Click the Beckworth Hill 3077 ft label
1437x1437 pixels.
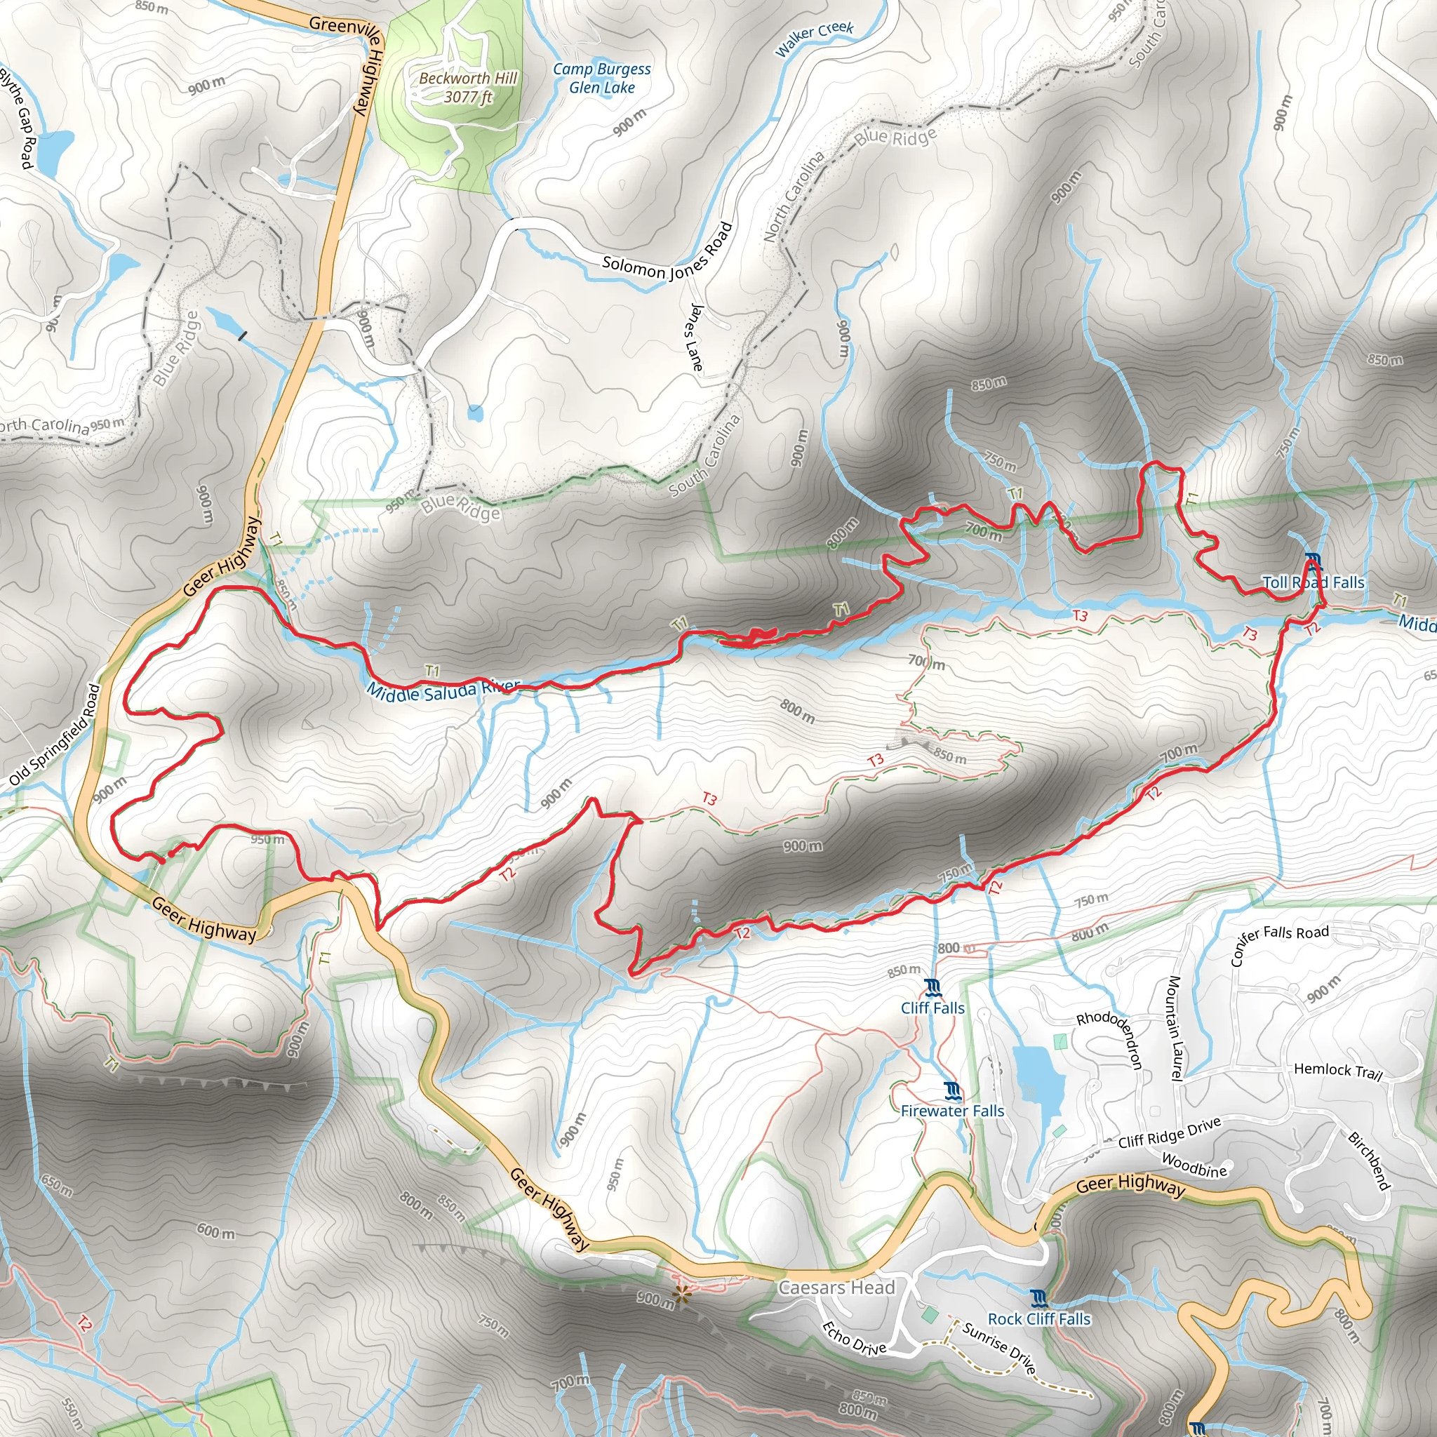tap(467, 87)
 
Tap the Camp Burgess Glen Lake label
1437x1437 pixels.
tap(602, 78)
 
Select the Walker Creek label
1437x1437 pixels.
tap(814, 39)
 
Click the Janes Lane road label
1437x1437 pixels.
tap(695, 337)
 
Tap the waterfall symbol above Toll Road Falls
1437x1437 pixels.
tap(1313, 559)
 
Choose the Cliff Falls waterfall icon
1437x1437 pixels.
tap(933, 988)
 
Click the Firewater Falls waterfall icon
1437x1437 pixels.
tap(952, 1091)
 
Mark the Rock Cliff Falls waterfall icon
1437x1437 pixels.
tap(1040, 1299)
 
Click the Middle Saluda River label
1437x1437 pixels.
tap(443, 690)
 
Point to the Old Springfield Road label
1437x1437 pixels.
tap(54, 735)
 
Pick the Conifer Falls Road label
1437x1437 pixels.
tap(1278, 943)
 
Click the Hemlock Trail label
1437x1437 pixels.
tap(1337, 1071)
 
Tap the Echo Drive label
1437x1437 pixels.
tap(854, 1337)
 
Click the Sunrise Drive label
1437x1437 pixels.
tap(999, 1347)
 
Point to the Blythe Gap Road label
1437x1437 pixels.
tap(16, 117)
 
